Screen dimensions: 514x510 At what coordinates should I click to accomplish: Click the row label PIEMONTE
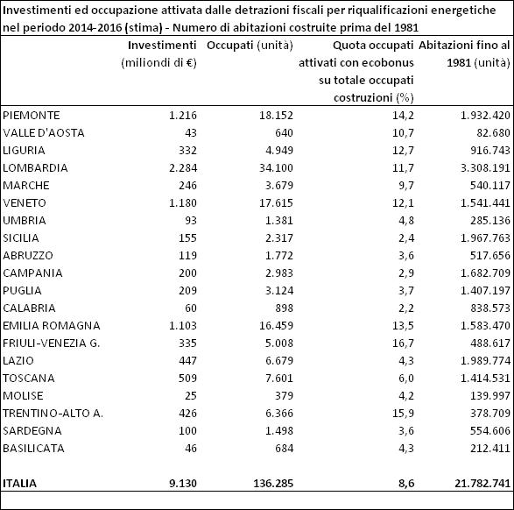32,116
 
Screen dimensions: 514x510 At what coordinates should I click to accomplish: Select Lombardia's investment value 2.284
183,168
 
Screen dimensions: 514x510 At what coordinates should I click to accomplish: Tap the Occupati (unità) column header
250,46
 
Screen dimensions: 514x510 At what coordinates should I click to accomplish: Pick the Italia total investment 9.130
183,484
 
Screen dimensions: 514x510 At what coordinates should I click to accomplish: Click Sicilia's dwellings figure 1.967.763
485,238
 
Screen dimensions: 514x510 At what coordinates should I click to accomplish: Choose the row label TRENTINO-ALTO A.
53,414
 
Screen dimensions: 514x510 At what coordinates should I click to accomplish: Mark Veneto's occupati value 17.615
276,203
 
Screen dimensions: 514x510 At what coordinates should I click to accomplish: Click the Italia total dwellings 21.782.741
482,484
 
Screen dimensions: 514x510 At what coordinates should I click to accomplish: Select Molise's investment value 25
191,396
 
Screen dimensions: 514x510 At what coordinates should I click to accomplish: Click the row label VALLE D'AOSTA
44,133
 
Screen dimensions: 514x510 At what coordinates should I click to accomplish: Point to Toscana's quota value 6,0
406,379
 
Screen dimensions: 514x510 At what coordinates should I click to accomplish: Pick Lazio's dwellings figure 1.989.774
485,361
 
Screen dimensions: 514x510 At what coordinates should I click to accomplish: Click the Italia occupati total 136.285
273,484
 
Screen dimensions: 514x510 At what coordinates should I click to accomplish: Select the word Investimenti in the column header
162,46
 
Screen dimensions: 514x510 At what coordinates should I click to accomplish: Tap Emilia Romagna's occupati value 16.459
276,326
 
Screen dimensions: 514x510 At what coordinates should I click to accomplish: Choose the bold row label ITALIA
19,484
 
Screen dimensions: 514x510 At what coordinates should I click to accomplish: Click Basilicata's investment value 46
191,449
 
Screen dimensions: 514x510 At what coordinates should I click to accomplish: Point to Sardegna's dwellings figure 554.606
490,431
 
